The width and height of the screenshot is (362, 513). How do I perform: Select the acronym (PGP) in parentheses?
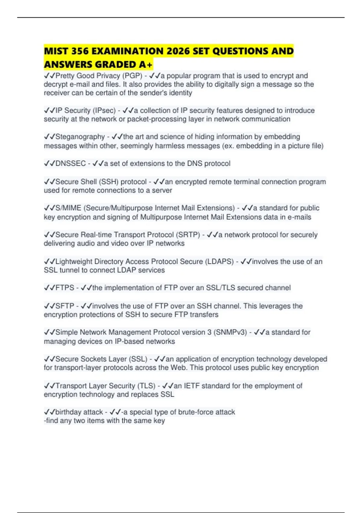tap(132, 76)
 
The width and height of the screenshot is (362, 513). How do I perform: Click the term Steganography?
tap(80, 137)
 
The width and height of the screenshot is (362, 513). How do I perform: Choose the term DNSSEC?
tap(71, 164)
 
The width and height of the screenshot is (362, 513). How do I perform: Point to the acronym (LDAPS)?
tap(219, 261)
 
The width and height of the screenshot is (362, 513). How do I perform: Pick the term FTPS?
tap(65, 288)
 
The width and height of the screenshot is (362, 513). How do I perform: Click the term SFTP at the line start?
tap(65, 306)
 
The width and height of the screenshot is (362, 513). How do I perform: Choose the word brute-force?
tap(195, 412)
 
